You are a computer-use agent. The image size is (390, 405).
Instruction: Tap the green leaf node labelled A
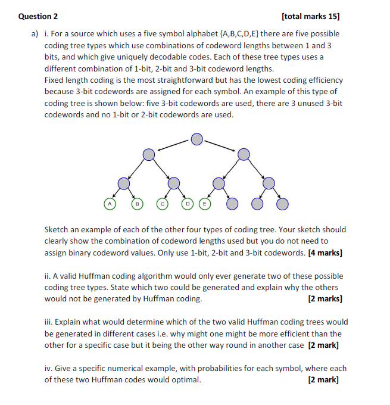pos(110,204)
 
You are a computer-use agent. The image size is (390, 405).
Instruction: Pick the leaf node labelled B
pos(136,204)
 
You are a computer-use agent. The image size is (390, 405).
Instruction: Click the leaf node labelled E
pos(205,204)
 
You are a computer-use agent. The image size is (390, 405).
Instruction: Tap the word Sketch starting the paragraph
pos(58,229)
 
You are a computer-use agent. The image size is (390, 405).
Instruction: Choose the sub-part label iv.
pos(49,369)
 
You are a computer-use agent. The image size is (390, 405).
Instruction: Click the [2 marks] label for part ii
pos(325,299)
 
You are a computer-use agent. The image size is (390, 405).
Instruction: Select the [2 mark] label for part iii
pos(325,345)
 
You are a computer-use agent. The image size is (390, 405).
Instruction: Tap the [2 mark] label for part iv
pos(325,380)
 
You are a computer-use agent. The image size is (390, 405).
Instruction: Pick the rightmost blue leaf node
pos(282,204)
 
